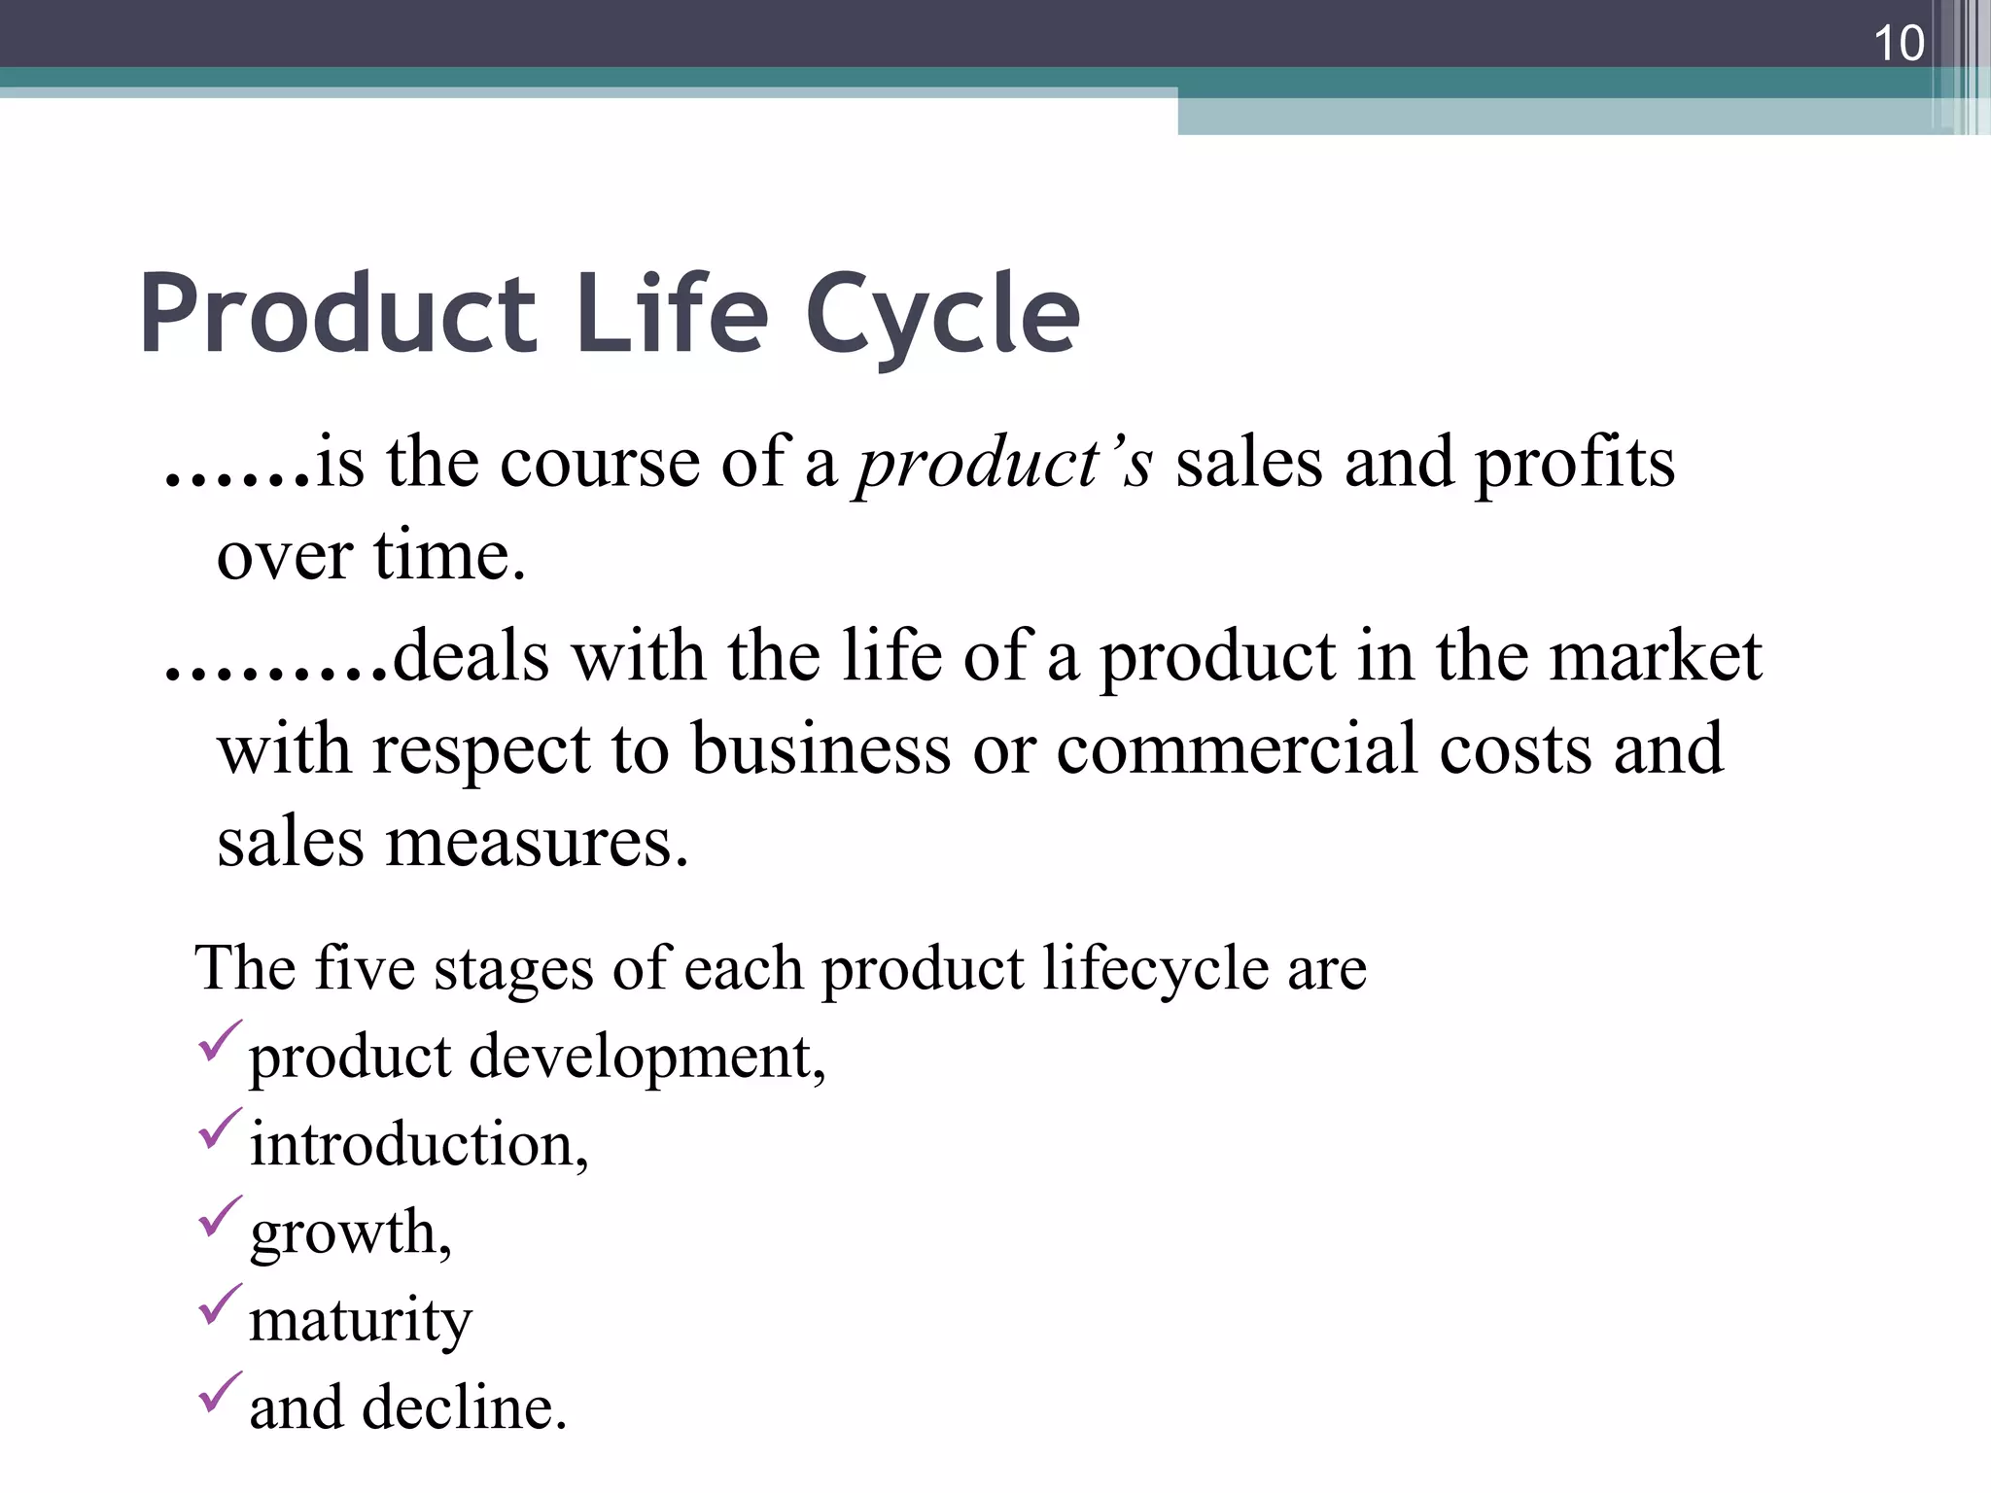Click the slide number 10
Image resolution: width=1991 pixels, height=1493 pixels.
pyautogui.click(x=1898, y=44)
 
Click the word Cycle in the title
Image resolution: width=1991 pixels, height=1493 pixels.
pyautogui.click(x=942, y=314)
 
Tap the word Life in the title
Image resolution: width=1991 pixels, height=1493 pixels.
pyautogui.click(x=672, y=314)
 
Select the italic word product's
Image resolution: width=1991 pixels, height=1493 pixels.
pyautogui.click(x=1003, y=463)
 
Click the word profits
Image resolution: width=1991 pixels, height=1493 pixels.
pyautogui.click(x=1575, y=463)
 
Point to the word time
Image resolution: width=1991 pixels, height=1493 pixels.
pyautogui.click(x=448, y=556)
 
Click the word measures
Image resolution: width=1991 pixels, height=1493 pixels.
pyautogui.click(x=537, y=842)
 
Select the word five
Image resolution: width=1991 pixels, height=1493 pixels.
pyautogui.click(x=365, y=968)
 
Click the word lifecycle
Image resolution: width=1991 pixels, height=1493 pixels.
pyautogui.click(x=1155, y=968)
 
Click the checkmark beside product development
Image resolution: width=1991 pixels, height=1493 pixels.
pyautogui.click(x=219, y=1042)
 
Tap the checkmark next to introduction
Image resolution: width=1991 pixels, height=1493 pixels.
pyautogui.click(x=219, y=1129)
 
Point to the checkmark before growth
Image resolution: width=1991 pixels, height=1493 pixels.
pyautogui.click(x=219, y=1217)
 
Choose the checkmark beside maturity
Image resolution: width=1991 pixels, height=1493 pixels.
pyautogui.click(x=219, y=1304)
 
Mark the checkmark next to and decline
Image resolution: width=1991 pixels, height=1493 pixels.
pyautogui.click(x=219, y=1392)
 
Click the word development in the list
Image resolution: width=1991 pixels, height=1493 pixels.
pyautogui.click(x=647, y=1058)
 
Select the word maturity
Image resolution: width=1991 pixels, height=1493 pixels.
pyautogui.click(x=361, y=1321)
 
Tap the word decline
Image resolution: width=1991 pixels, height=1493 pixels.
pyautogui.click(x=464, y=1407)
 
